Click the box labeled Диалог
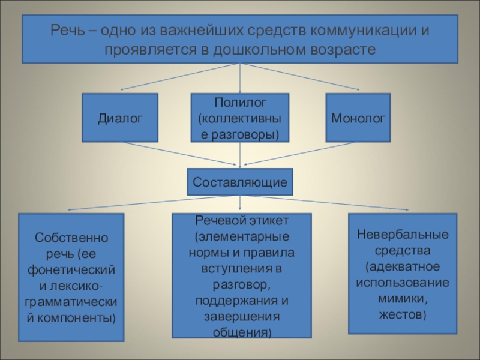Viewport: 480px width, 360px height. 120,118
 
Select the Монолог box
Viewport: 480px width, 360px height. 358,118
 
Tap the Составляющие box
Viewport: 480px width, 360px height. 240,182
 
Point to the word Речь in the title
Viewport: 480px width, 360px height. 65,30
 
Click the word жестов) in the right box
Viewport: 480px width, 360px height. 403,314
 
